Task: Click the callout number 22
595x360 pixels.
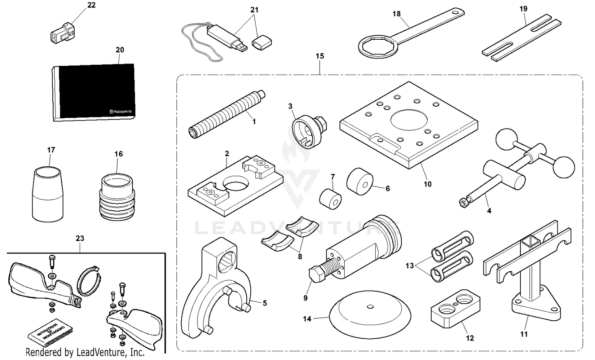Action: coord(91,5)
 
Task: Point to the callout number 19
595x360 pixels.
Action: coord(524,8)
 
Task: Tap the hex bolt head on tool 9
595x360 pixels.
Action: coord(316,275)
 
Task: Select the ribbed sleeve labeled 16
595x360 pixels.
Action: coord(117,197)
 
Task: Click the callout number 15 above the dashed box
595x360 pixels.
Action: coord(320,56)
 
